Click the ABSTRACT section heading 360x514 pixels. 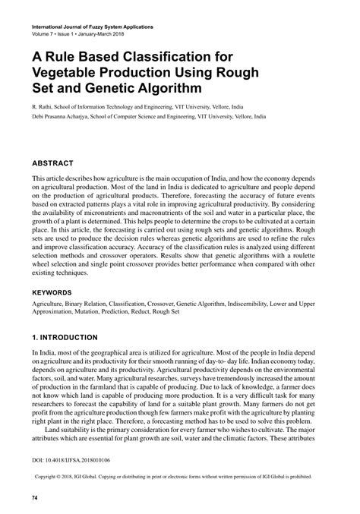(52, 163)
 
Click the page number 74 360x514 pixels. (35, 498)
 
